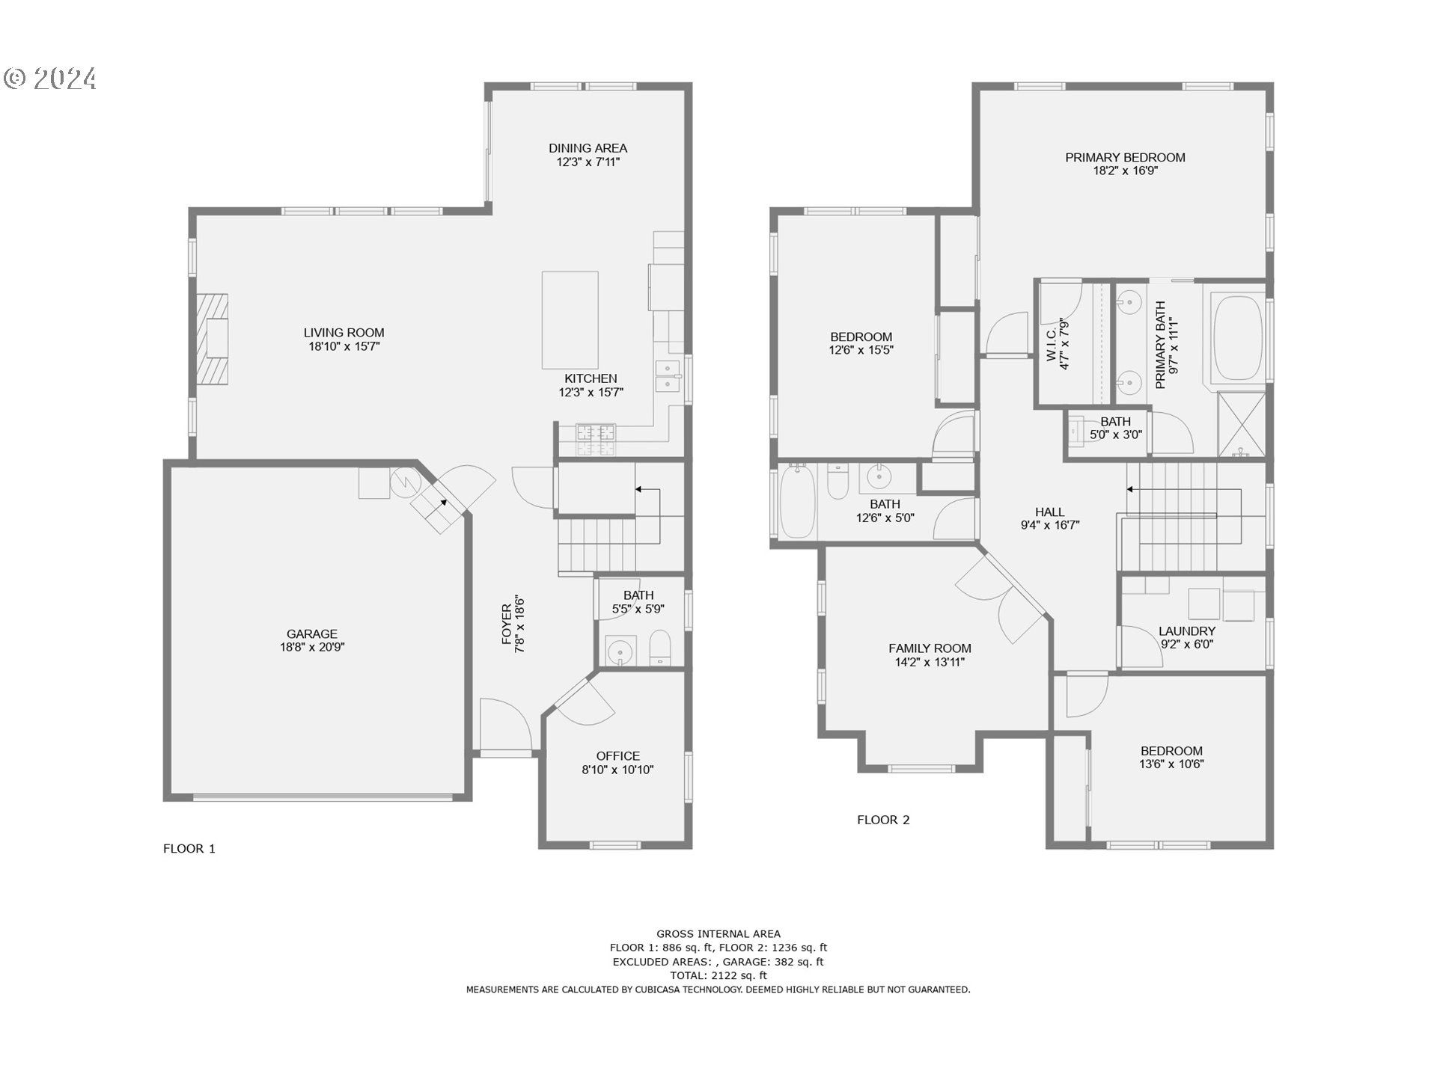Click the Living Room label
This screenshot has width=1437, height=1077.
[x=344, y=333]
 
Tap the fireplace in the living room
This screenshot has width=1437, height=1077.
[x=213, y=340]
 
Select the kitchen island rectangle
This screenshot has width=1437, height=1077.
[x=570, y=319]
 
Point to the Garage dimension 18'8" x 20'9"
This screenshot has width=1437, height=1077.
[x=312, y=648]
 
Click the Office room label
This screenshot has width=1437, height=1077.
[x=617, y=756]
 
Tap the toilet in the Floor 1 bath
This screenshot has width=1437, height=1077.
[x=660, y=647]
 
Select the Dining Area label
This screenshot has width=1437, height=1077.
[x=588, y=148]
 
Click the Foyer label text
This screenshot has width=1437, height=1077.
[x=507, y=625]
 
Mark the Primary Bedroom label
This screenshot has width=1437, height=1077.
[x=1125, y=158]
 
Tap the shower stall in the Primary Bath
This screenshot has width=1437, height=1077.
[x=1242, y=425]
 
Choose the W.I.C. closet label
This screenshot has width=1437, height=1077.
[x=1051, y=344]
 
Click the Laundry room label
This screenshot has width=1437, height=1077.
[x=1186, y=631]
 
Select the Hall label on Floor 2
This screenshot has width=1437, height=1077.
[x=1049, y=512]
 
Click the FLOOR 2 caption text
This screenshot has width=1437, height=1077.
[x=883, y=820]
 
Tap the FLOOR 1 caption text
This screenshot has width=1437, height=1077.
[x=189, y=849]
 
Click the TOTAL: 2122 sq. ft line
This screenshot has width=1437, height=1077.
[x=718, y=975]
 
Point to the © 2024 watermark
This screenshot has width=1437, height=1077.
[x=51, y=79]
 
